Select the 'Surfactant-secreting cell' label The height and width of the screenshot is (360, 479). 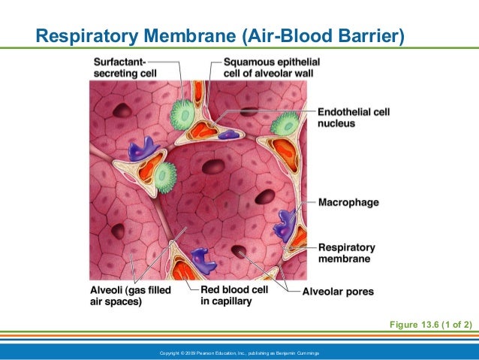tap(122, 67)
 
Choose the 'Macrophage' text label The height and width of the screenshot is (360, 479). tap(348, 203)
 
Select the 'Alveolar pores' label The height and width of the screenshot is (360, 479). tap(338, 292)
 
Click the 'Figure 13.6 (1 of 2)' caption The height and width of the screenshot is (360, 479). tap(429, 324)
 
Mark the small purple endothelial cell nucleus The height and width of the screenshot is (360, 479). tap(228, 135)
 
